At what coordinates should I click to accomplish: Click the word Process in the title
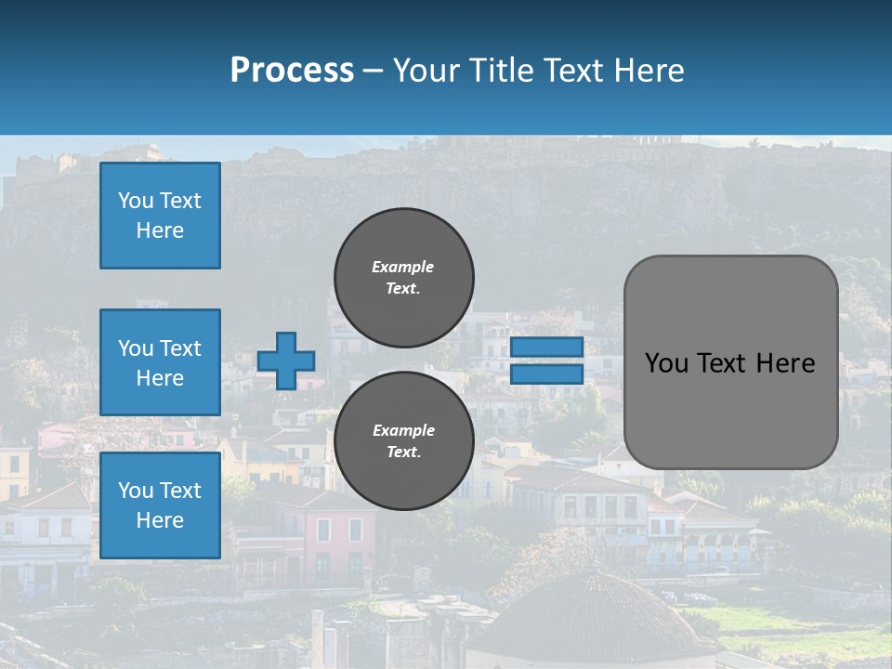(x=292, y=71)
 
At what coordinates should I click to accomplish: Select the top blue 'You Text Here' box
(x=160, y=216)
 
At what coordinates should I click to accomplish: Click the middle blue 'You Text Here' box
(x=160, y=362)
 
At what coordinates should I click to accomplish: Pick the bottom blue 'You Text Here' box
(x=160, y=505)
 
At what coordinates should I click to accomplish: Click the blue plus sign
(x=286, y=361)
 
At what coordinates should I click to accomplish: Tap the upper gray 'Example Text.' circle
(x=403, y=278)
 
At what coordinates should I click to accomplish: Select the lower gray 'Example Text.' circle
(x=403, y=441)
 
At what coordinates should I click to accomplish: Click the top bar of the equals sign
(x=546, y=348)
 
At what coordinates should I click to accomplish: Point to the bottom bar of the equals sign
(x=546, y=374)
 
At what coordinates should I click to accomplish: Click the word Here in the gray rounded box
(x=786, y=363)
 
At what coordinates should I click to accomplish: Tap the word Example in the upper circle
(x=403, y=267)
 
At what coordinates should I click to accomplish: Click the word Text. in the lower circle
(x=403, y=453)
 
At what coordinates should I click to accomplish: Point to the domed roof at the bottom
(x=595, y=613)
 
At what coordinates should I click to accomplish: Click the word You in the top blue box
(x=135, y=201)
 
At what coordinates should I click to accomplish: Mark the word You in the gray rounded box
(x=666, y=363)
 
